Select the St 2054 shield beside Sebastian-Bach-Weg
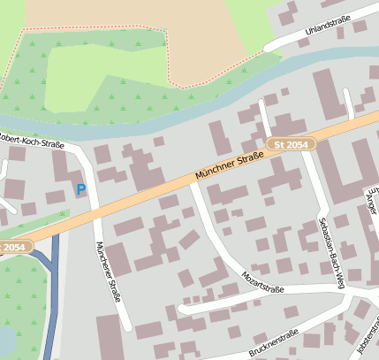click(291, 143)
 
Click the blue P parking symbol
click(81, 189)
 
